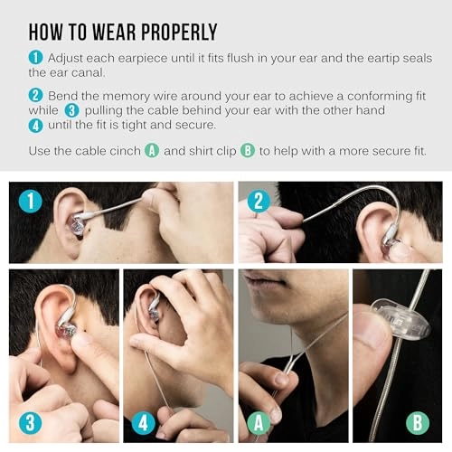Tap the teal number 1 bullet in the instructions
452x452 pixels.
tap(35, 58)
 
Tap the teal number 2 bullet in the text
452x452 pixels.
tap(35, 95)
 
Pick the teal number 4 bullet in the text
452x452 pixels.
tap(35, 124)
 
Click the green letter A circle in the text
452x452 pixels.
tap(152, 151)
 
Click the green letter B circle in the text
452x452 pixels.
tap(248, 151)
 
